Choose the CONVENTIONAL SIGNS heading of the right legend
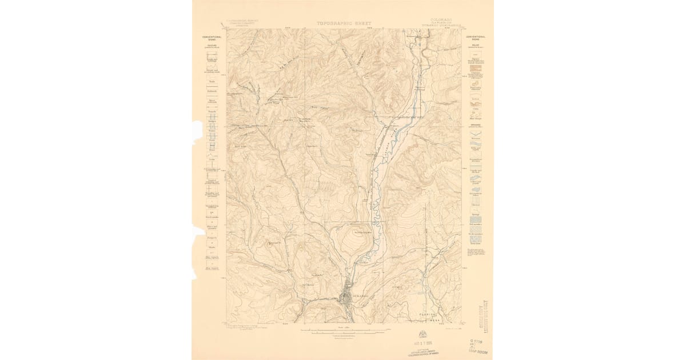476,39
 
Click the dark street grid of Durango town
346,298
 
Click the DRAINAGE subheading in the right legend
476,125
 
